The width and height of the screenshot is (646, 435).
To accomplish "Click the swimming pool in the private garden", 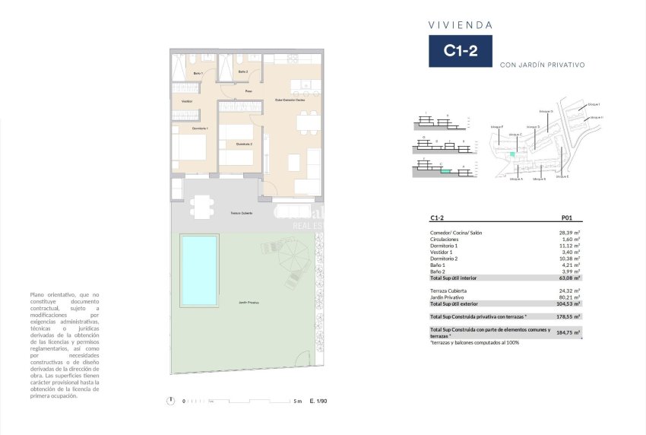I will pos(199,270).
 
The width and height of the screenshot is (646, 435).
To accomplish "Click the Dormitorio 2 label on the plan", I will pos(244,144).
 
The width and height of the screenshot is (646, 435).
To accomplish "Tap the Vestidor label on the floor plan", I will pos(187,101).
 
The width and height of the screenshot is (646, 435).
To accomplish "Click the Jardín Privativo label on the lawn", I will pos(248,303).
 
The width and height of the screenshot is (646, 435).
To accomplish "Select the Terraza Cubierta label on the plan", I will pos(242,213).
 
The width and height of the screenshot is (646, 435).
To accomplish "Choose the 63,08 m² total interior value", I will pos(571,278).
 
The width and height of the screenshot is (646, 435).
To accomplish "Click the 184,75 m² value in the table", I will pos(570,332).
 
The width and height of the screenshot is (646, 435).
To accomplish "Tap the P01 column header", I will pos(566,217).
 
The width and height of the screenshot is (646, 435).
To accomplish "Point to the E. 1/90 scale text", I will pos(318,401).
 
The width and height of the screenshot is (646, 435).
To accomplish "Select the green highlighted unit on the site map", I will pos(512,154).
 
